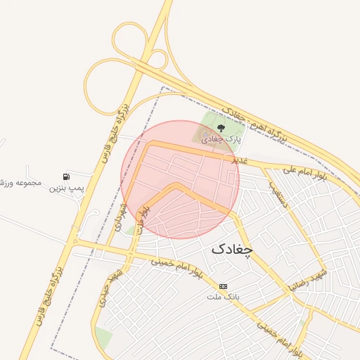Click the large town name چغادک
pos(231,248)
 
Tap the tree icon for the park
pos(221,128)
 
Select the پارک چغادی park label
pos(221,139)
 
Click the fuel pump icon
pos(66,176)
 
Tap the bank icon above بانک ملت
pos(223,286)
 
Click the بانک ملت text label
pos(223,297)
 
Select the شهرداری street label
pos(120,218)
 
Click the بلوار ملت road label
pos(143,219)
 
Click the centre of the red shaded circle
pos(180,179)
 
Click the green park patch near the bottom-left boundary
pos(103,337)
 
